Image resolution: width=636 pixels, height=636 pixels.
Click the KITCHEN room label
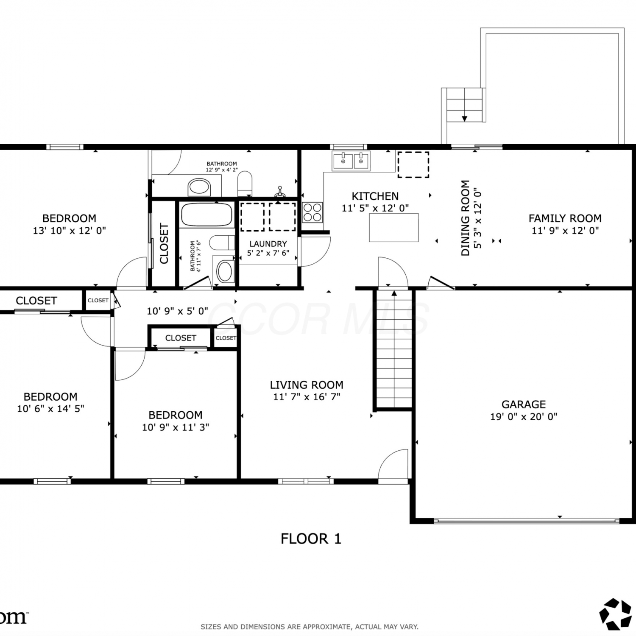point(375,196)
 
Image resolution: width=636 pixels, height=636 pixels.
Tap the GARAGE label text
point(524,404)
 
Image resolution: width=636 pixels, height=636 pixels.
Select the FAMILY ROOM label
point(565,218)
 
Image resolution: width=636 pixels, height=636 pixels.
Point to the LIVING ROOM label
point(307,385)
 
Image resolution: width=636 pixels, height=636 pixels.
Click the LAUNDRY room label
point(268,244)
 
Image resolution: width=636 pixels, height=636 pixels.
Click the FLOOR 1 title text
point(311,539)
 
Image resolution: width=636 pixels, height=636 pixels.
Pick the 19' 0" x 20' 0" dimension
point(524,416)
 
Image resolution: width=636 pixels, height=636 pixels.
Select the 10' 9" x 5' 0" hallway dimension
point(177,311)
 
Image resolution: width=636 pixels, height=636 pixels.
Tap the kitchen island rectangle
point(394,228)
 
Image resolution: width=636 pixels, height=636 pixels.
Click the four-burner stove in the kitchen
point(312,212)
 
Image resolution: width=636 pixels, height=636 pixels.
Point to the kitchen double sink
point(351,161)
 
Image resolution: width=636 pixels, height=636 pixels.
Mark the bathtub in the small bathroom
point(207,215)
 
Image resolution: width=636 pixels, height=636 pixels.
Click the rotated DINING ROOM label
point(465,218)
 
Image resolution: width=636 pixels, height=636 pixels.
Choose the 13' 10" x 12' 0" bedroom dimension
point(70,231)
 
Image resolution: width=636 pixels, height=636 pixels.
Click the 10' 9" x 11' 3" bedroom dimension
point(176,427)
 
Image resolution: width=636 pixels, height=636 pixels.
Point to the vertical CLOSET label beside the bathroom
point(164,243)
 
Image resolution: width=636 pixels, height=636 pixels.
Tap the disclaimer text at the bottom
point(310,627)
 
